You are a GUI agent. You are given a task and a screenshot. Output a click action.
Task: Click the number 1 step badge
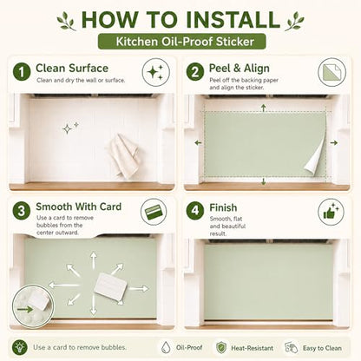[x=22, y=72]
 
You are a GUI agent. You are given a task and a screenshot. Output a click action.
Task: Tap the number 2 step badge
[x=195, y=72]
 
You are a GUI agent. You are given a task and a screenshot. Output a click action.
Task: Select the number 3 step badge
[x=22, y=211]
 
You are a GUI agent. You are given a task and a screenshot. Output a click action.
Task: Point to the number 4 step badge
[x=195, y=210]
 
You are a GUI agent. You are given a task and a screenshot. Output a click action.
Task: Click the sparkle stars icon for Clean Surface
[x=155, y=72]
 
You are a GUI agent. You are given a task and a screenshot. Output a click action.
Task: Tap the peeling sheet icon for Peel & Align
[x=332, y=72]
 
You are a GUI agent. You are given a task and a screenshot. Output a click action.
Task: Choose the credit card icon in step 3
[x=154, y=212]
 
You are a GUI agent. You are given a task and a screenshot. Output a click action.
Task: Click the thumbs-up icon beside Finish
[x=331, y=212]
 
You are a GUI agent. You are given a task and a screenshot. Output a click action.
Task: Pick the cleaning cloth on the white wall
[x=124, y=155]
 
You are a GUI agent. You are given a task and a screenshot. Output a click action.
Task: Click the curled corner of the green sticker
[x=315, y=158]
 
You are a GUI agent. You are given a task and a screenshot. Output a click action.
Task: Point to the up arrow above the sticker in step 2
[x=263, y=108]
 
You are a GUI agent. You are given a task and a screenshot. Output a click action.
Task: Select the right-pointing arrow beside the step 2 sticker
[x=334, y=142]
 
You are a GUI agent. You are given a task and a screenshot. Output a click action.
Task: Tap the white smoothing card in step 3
[x=111, y=286]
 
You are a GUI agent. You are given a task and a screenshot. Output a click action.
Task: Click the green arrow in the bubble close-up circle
[x=25, y=310]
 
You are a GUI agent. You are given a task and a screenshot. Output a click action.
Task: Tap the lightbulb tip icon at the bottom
[x=20, y=347]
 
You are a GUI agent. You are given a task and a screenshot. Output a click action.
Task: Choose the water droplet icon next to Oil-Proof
[x=166, y=347]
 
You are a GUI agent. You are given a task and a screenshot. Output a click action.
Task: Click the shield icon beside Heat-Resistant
[x=221, y=347]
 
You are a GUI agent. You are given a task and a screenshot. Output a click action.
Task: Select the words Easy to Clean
[x=322, y=348]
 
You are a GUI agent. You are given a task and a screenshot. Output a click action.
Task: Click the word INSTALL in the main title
[x=233, y=19]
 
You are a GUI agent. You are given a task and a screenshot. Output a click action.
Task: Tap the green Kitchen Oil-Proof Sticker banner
[x=182, y=42]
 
